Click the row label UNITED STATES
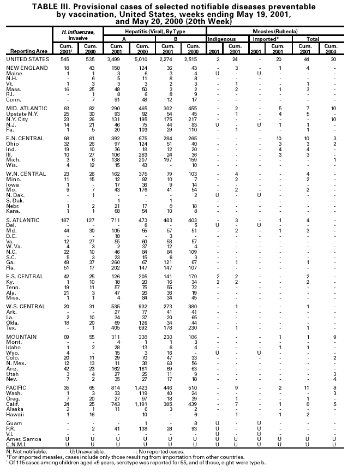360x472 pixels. [x=26, y=58]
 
